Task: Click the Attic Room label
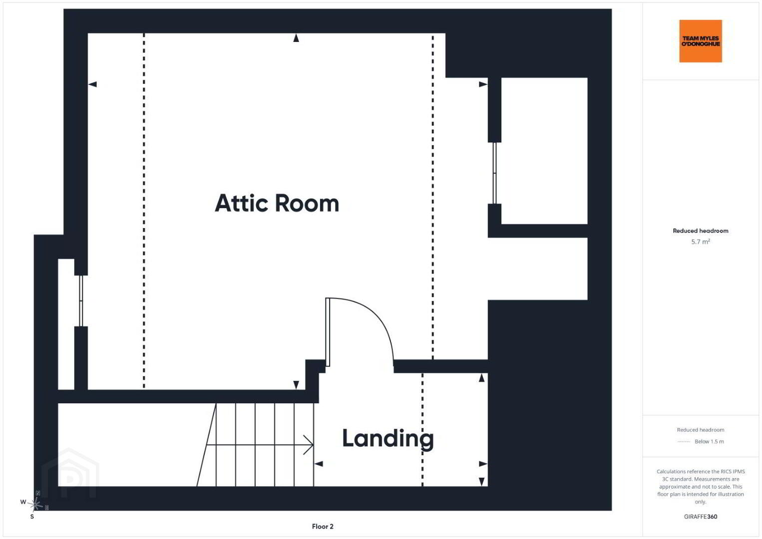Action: (277, 203)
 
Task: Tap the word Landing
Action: (388, 439)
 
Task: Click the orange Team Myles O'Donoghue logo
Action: (701, 41)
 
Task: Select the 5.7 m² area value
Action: (701, 242)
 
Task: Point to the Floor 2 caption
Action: (323, 527)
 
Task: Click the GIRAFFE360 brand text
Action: (701, 517)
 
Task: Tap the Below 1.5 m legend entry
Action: (709, 441)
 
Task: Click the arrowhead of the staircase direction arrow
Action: (309, 445)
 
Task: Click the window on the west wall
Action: (81, 300)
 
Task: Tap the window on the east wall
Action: (494, 173)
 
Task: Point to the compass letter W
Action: (23, 502)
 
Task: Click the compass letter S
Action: (32, 517)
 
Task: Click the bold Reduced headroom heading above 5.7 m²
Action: (701, 231)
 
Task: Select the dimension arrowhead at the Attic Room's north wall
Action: (296, 38)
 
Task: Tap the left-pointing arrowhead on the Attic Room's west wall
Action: (92, 84)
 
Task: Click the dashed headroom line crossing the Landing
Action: (422, 430)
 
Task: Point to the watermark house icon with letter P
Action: (70, 473)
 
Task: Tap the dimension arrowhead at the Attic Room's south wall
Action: (296, 385)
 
